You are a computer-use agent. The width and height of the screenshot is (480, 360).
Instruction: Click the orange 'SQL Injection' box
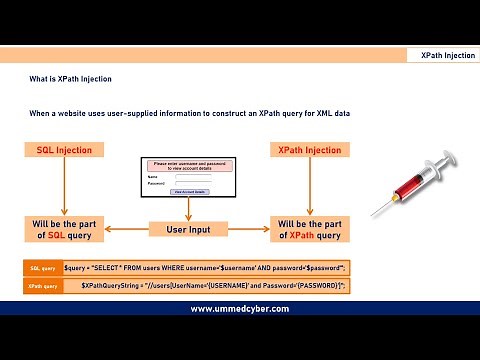click(x=64, y=150)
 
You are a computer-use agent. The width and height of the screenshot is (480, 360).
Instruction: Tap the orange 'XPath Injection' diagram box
click(x=309, y=150)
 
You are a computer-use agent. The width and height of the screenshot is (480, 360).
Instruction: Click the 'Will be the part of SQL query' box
click(x=64, y=229)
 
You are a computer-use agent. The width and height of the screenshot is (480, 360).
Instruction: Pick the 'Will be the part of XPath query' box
click(x=309, y=229)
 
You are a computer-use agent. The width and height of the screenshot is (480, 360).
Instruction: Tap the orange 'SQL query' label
click(x=42, y=269)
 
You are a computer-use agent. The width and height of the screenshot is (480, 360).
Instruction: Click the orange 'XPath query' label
click(x=42, y=286)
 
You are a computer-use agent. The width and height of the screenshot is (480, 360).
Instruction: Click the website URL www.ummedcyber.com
click(x=239, y=309)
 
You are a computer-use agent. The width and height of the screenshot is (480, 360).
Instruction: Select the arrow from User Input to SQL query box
click(x=126, y=229)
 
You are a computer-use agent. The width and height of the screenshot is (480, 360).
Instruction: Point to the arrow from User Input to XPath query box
click(x=246, y=229)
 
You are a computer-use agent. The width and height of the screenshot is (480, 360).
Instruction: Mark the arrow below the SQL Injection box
click(x=64, y=186)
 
